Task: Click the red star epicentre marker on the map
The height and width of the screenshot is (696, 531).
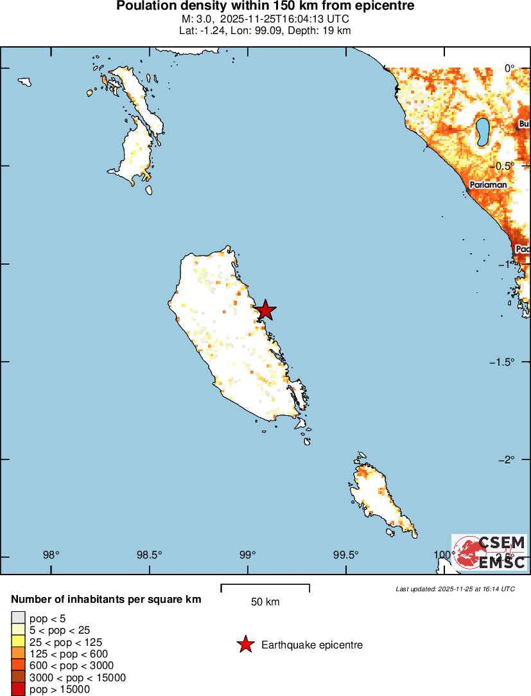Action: pyautogui.click(x=265, y=310)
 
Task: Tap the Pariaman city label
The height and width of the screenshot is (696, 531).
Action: pyautogui.click(x=488, y=185)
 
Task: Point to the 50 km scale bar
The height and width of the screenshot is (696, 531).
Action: pyautogui.click(x=265, y=586)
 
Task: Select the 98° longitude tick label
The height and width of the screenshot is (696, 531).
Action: pyautogui.click(x=51, y=555)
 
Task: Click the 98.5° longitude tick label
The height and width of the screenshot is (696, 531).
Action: pyautogui.click(x=150, y=555)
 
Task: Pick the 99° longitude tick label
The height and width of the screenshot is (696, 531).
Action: pyautogui.click(x=248, y=555)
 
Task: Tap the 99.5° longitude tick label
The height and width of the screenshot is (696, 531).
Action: pyautogui.click(x=347, y=555)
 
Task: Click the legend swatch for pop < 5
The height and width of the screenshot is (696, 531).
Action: pyautogui.click(x=18, y=618)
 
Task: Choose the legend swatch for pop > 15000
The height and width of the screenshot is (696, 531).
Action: pyautogui.click(x=18, y=690)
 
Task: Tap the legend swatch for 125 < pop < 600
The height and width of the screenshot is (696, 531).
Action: pyautogui.click(x=18, y=654)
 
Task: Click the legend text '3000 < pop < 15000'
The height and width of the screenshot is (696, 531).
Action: pyautogui.click(x=78, y=677)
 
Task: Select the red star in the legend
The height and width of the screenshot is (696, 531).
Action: pyautogui.click(x=245, y=645)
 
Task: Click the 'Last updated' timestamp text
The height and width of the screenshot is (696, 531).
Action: pyautogui.click(x=455, y=589)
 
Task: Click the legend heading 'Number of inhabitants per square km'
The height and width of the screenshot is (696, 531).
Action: pyautogui.click(x=106, y=600)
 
